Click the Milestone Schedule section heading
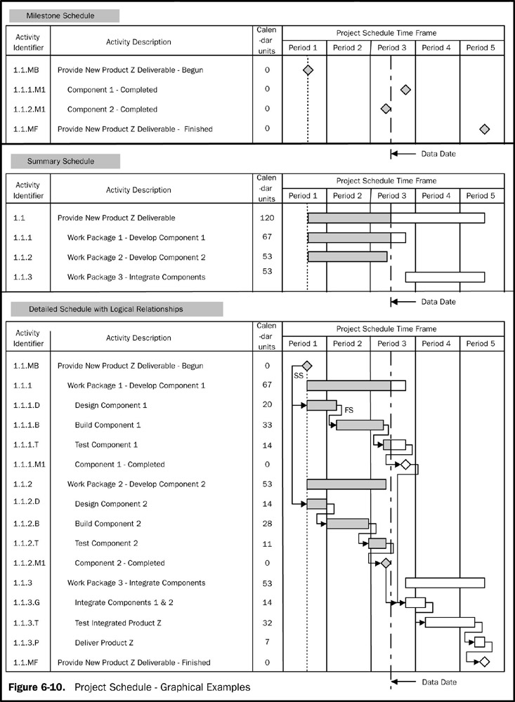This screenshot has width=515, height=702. point(60,15)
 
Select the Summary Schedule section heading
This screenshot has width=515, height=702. point(60,161)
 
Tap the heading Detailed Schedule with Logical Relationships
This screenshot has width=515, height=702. point(115,309)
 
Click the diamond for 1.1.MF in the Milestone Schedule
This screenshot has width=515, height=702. point(484,129)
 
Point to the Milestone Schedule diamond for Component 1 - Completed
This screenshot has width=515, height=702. point(405,90)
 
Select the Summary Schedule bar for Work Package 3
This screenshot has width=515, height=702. point(445,277)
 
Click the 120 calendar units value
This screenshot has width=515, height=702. point(267,218)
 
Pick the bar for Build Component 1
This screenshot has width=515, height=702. point(360,425)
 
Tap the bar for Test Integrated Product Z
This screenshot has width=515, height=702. point(450,622)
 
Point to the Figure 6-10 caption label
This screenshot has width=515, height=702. point(39,687)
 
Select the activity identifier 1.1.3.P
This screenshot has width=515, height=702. point(27,642)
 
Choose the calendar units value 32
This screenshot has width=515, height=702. point(267,623)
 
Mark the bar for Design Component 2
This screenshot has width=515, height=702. point(317,504)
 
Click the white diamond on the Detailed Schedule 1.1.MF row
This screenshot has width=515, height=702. point(484,662)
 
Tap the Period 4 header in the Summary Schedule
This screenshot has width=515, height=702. point(437,196)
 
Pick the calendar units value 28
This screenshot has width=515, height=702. point(267,524)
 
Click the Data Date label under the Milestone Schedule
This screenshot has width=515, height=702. point(438,153)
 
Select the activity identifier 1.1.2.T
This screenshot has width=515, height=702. point(27,543)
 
